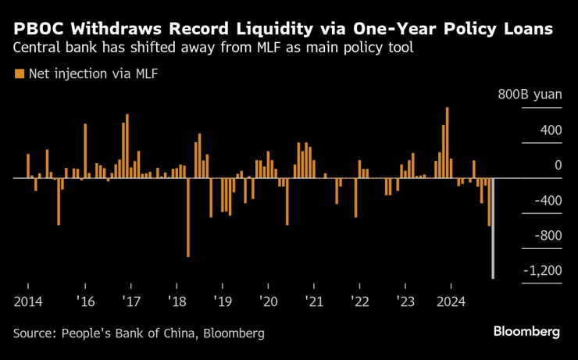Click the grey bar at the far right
[x=493, y=228]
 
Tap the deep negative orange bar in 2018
[x=188, y=217]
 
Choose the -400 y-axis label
[x=544, y=200]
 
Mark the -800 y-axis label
[x=544, y=235]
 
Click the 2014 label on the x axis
[x=27, y=301]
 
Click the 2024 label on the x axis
[x=451, y=301]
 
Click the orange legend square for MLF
[x=18, y=75]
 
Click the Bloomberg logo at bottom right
[x=526, y=331]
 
